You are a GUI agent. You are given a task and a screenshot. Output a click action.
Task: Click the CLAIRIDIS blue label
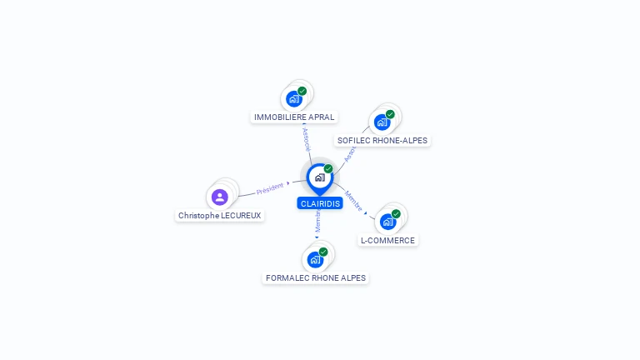[320, 203]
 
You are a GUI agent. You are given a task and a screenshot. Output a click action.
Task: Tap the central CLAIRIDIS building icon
[319, 177]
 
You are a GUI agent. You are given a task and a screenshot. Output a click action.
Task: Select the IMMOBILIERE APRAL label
[294, 117]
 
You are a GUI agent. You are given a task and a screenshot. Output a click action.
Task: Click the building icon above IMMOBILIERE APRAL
[293, 99]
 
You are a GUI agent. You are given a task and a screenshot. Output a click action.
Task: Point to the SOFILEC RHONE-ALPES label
[382, 140]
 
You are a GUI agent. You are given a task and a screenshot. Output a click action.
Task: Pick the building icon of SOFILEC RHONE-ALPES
[382, 122]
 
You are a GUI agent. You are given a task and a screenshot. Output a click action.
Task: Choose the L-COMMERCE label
[387, 240]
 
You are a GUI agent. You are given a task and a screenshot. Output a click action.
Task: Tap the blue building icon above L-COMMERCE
[387, 222]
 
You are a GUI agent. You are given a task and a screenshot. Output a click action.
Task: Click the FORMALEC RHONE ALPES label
[316, 277]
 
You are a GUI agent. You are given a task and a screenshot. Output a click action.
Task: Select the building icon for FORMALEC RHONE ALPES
[315, 260]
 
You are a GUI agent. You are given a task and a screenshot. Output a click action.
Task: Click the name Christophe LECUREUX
[219, 215]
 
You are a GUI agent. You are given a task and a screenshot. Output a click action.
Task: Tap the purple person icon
[219, 197]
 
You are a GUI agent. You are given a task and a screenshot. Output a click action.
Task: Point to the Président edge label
[270, 188]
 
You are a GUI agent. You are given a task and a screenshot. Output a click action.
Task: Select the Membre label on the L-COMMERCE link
[353, 201]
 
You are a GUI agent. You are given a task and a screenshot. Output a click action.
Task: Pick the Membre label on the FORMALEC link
[317, 222]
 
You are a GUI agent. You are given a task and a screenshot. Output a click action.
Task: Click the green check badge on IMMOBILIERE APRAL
[302, 91]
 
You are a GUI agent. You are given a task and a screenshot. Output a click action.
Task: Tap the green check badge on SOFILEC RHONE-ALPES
[390, 114]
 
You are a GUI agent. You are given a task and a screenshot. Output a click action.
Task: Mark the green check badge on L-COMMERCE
[396, 214]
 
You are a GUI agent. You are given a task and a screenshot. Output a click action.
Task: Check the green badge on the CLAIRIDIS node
[328, 169]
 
